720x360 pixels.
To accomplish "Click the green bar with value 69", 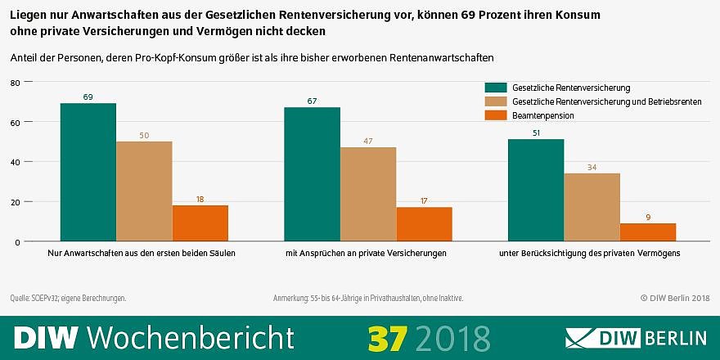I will click(88, 172).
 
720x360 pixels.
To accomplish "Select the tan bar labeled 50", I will click(144, 191).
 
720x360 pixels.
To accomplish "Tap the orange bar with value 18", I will click(200, 223).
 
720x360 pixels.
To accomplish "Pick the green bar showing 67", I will click(313, 174).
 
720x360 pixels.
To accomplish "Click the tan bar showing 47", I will click(368, 194).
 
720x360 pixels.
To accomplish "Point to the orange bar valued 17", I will click(424, 224).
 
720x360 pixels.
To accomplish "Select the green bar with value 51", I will click(536, 190).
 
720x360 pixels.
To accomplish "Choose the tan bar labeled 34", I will click(592, 207).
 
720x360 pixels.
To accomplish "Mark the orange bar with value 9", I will click(648, 232).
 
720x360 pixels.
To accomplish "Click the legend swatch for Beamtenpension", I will click(496, 115).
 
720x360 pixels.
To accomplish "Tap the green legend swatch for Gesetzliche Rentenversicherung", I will click(496, 87).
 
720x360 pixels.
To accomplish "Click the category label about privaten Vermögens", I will click(590, 254).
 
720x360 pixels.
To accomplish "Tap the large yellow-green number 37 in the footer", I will click(386, 337).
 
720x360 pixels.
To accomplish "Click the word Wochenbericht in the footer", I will click(190, 337).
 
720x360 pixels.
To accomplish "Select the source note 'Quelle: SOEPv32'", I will click(68, 298).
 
